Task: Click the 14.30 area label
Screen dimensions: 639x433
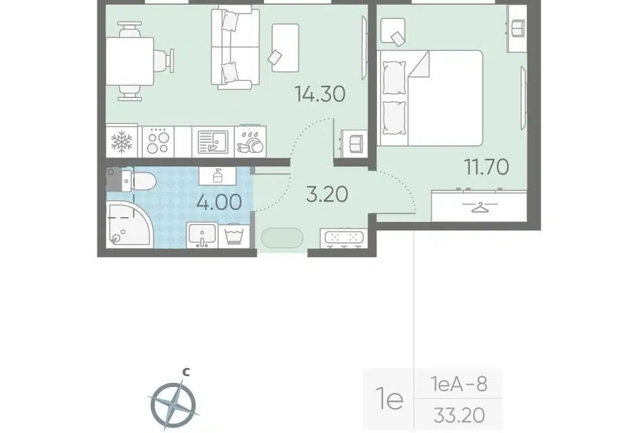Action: pos(320,94)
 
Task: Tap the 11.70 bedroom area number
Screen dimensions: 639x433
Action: pos(487,167)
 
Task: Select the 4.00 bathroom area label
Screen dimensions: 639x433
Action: pos(219,202)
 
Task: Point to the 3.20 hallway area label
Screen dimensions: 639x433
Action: pos(327,194)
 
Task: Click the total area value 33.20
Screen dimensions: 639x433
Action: pos(459,416)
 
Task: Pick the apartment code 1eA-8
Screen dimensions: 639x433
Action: pos(459,384)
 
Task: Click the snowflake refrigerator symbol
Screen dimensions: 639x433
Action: pos(122,141)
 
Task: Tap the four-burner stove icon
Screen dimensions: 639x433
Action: pos(158,142)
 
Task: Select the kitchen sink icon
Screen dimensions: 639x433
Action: pos(213,142)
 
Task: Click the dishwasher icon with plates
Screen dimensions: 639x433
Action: pos(250,142)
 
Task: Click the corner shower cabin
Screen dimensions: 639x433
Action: pos(129,224)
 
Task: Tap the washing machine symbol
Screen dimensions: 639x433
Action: pos(234,236)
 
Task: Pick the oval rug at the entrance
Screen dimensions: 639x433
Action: pos(282,238)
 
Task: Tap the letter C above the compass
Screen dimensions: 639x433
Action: pos(186,371)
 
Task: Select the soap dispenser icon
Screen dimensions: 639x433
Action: pos(217,175)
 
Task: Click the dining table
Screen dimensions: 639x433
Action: pos(129,62)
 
